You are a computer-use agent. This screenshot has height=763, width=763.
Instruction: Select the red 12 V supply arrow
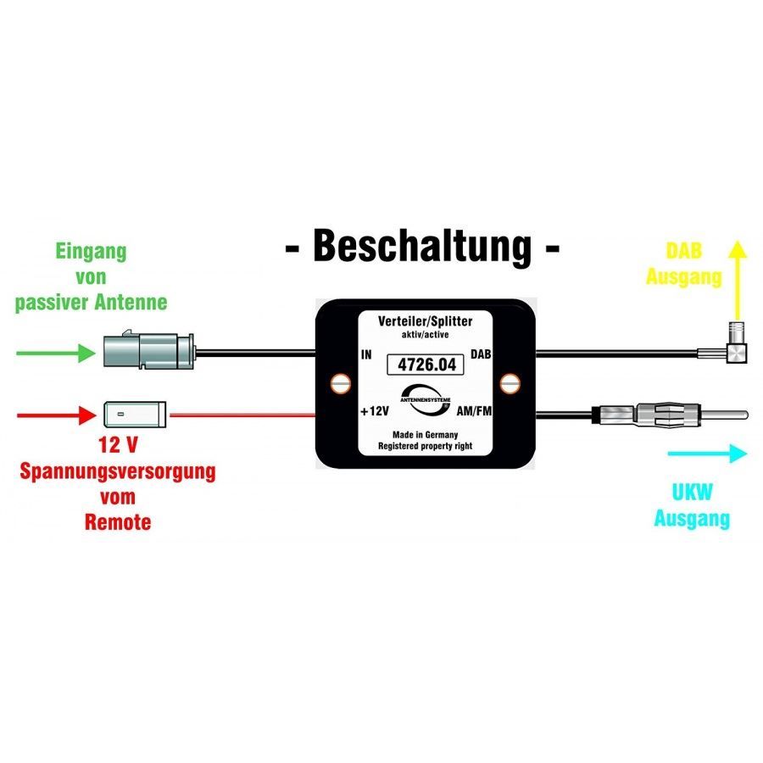pyautogui.click(x=54, y=415)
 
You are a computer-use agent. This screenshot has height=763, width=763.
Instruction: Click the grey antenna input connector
pyautogui.click(x=149, y=349)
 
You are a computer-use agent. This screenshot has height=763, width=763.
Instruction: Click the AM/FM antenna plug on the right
pyautogui.click(x=670, y=415)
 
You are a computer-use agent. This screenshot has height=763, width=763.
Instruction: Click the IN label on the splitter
pyautogui.click(x=366, y=355)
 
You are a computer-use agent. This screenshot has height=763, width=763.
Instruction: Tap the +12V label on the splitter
pyautogui.click(x=373, y=411)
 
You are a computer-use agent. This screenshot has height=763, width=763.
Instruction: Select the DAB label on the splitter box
pyautogui.click(x=480, y=355)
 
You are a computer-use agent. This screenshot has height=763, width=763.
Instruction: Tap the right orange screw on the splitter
pyautogui.click(x=509, y=383)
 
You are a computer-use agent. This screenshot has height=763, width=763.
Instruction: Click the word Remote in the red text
pyautogui.click(x=118, y=521)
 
